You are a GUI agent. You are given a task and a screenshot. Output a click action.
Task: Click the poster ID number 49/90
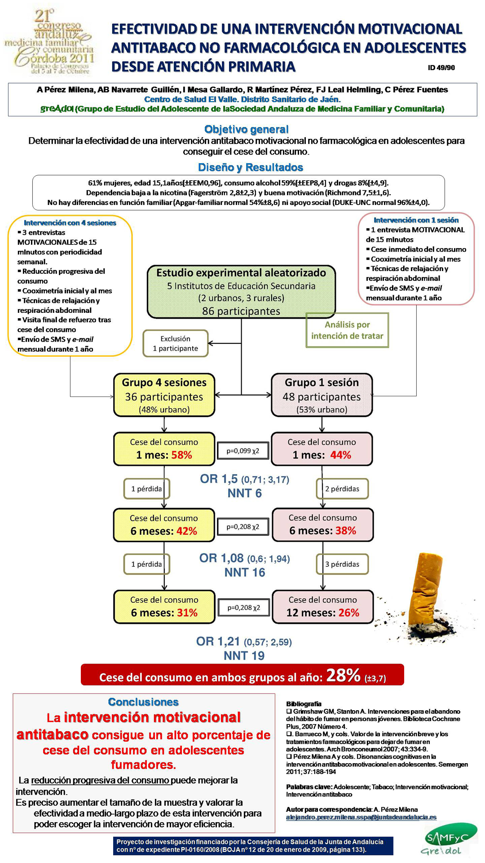pos(441,68)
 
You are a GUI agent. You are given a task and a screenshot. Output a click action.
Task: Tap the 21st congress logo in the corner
pos(50,42)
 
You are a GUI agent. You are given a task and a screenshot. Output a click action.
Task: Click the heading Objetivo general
pos(246,129)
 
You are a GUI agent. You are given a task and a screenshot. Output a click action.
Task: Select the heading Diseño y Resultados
pos(250,168)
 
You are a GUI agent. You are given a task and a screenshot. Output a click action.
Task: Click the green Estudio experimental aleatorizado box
pos(241,292)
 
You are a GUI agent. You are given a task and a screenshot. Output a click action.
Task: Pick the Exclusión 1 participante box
pos(176,343)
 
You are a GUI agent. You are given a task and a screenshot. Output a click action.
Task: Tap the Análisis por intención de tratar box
pos(347,330)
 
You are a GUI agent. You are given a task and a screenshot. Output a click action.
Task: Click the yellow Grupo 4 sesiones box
pos(164,395)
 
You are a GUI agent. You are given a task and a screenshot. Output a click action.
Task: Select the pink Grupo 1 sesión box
pos(322,395)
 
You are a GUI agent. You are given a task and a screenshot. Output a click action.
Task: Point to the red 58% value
pos(181,455)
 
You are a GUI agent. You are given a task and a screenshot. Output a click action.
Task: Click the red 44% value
pos(340,455)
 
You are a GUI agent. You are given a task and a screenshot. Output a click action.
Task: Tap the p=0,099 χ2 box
pos(243,451)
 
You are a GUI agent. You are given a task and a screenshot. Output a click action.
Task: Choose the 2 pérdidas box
pos(342,489)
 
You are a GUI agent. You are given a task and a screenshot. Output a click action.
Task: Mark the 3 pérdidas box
pos(342,564)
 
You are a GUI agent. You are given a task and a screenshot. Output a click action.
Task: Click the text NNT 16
pos(245,572)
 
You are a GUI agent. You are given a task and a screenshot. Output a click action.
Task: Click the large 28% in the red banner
pos(344,675)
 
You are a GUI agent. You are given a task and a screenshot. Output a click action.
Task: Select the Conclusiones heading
pos(143,702)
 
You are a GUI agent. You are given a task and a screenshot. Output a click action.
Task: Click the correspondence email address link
pos(361,817)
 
